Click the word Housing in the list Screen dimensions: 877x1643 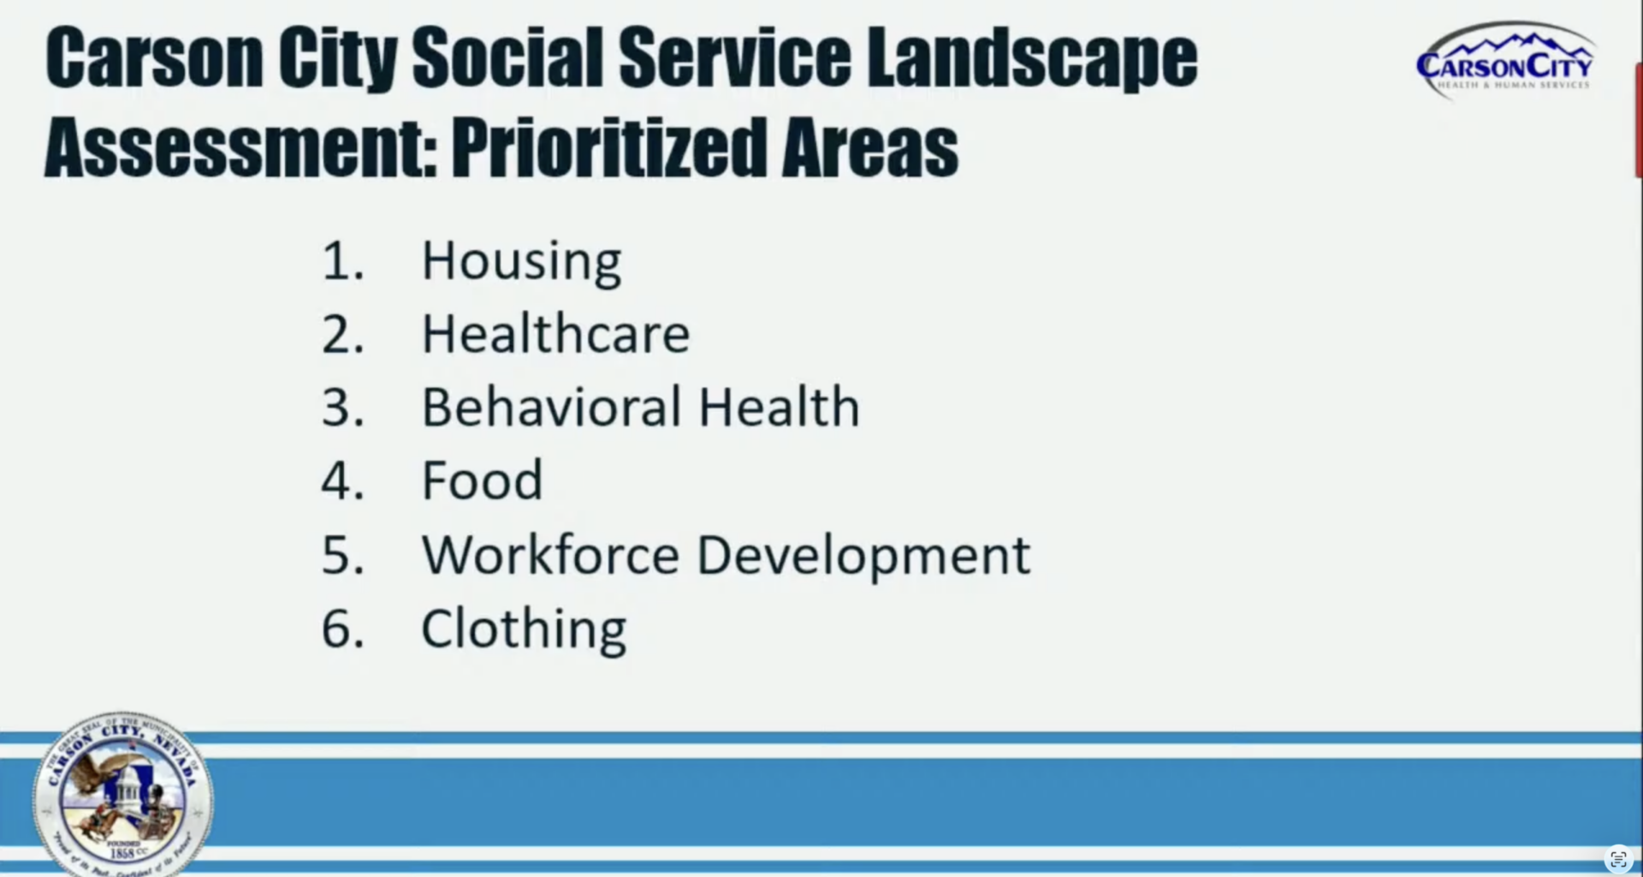pyautogui.click(x=521, y=261)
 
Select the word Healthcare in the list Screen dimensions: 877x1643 pyautogui.click(x=555, y=334)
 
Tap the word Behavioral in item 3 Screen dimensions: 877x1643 pyautogui.click(x=552, y=407)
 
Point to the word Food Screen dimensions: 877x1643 pyautogui.click(x=483, y=480)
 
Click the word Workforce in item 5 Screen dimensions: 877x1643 pyautogui.click(x=550, y=555)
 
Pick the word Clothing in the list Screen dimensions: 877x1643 pyautogui.click(x=524, y=629)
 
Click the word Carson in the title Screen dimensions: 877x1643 pyautogui.click(x=154, y=58)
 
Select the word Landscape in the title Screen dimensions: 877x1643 pyautogui.click(x=1032, y=58)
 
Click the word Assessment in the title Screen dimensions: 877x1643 pyautogui.click(x=240, y=147)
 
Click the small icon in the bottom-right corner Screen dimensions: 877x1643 pyautogui.click(x=1618, y=858)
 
